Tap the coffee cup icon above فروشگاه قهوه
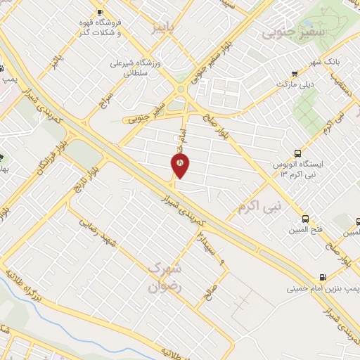click(x=99, y=12)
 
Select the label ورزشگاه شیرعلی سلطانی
click(x=135, y=67)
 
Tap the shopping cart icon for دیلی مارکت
click(x=293, y=72)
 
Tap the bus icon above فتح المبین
click(x=304, y=219)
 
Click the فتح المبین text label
click(x=304, y=230)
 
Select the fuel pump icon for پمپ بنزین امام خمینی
click(x=322, y=278)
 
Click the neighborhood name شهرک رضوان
click(x=166, y=278)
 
